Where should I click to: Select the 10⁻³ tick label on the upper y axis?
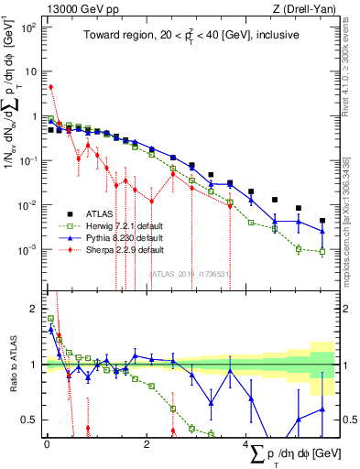coord(28,249)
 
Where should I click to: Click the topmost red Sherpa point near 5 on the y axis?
coord(51,87)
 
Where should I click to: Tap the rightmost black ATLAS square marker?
coord(322,220)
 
